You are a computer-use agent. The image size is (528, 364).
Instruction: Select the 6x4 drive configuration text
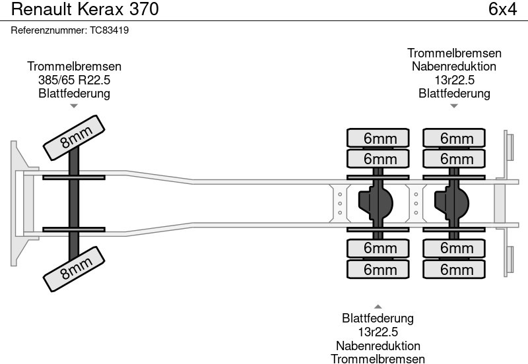[502, 10]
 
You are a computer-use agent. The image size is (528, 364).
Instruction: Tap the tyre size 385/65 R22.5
[74, 80]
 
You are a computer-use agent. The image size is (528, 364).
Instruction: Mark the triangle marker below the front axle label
[74, 106]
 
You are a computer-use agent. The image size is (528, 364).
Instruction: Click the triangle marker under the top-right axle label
[454, 106]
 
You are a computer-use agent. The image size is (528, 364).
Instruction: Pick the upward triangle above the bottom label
[378, 306]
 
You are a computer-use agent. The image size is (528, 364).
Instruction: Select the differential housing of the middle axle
[376, 201]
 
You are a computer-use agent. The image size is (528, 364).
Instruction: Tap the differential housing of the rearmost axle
[452, 201]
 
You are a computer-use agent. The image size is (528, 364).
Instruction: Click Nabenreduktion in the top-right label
[454, 67]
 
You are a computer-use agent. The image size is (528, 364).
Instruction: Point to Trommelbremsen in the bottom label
[378, 359]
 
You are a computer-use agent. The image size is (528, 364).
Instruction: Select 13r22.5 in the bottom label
[378, 332]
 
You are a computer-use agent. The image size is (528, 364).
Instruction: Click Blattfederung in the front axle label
[74, 93]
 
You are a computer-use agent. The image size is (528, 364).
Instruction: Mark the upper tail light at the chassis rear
[510, 146]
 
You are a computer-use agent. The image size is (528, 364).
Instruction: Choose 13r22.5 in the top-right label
[454, 80]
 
